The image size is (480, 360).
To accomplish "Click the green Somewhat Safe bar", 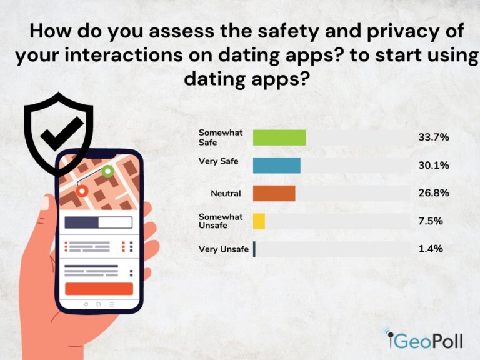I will click(x=279, y=137).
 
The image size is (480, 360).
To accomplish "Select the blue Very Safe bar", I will click(x=276, y=165).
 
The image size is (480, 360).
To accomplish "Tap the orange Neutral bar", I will click(x=274, y=193).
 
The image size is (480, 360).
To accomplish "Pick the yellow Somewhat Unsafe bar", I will click(x=259, y=221).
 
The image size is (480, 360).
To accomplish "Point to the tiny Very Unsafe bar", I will click(x=254, y=249).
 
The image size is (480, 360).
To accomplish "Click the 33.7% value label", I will click(x=434, y=137).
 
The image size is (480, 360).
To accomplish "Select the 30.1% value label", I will click(x=433, y=165).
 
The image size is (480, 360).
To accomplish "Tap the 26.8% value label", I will click(x=434, y=193).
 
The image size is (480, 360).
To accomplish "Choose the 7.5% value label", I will click(x=430, y=221).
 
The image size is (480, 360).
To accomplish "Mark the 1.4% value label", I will click(x=430, y=249).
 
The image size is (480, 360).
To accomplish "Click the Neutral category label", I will click(x=226, y=194).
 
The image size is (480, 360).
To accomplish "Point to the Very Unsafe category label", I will click(x=223, y=249).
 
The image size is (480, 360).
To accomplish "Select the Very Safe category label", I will click(x=218, y=161).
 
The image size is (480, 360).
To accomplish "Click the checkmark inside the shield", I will click(x=61, y=129).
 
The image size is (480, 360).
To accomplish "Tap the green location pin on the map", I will click(x=107, y=170).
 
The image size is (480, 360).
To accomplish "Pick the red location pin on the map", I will click(x=81, y=189).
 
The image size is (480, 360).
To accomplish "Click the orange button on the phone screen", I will click(x=99, y=289).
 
